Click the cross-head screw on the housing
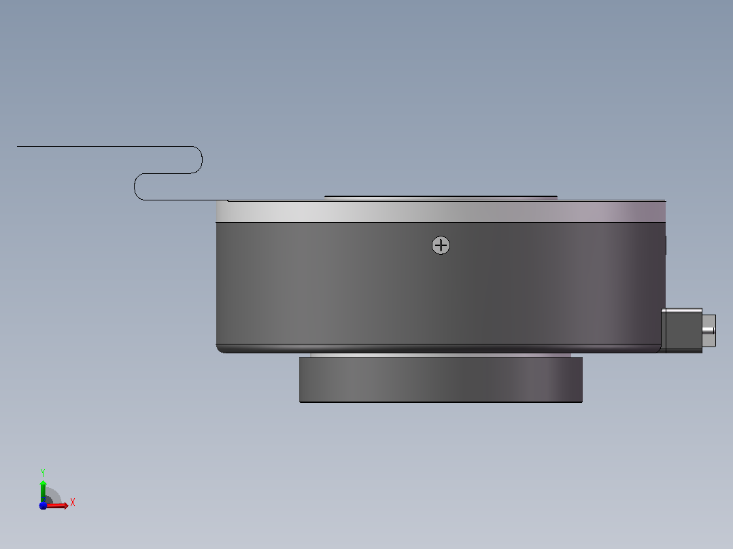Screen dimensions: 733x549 441,245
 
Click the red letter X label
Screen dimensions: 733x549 73,503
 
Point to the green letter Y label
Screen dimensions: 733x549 43,473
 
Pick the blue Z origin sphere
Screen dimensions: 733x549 43,506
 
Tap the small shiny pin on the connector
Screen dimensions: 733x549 709,332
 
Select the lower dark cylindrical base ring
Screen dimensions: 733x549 441,379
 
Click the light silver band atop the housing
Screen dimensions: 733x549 441,212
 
